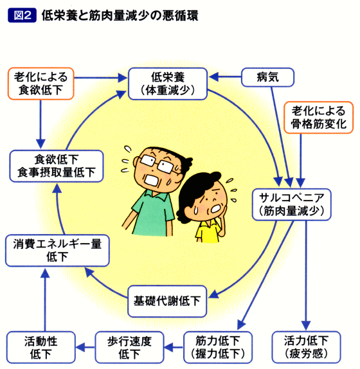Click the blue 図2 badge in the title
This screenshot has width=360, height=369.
click(22, 15)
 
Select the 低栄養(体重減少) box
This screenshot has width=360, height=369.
click(168, 84)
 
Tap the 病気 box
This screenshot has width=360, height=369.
click(268, 77)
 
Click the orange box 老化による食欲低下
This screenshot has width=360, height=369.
click(41, 84)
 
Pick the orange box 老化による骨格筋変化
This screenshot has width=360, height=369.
click(319, 118)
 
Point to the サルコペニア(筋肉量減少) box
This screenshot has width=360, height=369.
click(291, 204)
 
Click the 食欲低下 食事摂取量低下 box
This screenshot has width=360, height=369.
click(57, 166)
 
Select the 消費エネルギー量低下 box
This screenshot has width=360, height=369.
click(57, 251)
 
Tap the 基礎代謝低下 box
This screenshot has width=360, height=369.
click(167, 301)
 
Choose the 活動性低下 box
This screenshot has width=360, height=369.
click(41, 347)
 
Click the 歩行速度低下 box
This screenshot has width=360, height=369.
click(129, 347)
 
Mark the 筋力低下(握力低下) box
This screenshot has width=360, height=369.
click(218, 347)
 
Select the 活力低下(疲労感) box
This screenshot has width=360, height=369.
click(306, 347)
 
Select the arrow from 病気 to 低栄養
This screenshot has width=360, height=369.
click(225, 76)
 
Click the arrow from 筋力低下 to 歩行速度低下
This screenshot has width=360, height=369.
click(174, 347)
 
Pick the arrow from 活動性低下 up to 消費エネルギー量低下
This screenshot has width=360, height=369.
click(45, 300)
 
